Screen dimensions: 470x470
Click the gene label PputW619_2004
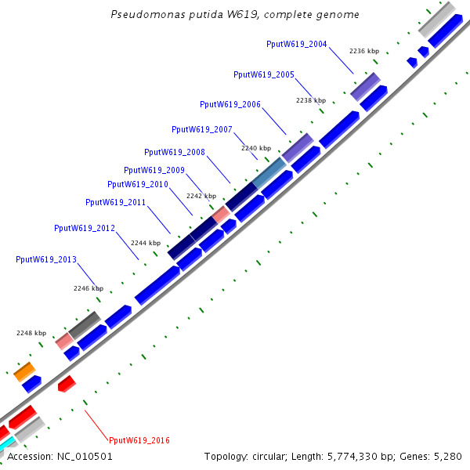pos(296,45)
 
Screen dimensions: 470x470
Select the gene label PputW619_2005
pos(263,74)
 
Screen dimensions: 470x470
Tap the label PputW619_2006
pos(230,104)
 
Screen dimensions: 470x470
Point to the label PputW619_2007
pos(201,129)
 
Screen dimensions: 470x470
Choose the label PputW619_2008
pos(174,152)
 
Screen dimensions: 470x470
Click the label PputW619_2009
pos(154,170)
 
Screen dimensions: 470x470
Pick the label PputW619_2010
pos(137,184)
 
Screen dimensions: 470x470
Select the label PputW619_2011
pos(115,202)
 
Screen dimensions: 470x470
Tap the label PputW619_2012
pos(84,228)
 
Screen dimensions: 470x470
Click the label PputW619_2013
pos(45,258)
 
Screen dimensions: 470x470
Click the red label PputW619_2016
pos(139,440)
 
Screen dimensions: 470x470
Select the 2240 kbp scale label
pos(255,148)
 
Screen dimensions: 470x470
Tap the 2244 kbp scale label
pos(145,244)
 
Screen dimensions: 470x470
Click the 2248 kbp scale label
pos(31,333)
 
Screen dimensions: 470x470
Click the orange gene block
pos(24,371)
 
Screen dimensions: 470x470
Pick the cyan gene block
pos(6,444)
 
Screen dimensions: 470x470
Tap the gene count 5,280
pos(447,456)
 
